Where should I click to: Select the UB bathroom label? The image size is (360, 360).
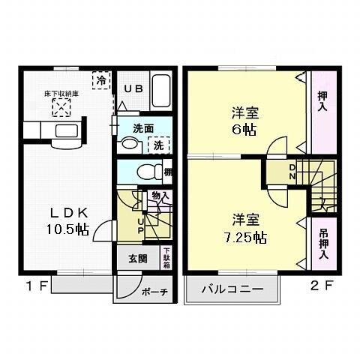133,88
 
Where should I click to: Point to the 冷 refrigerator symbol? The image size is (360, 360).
99,79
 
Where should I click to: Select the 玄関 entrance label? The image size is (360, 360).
137,259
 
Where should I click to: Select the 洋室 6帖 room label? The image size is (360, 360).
243,121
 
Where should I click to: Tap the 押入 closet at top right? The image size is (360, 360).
322,100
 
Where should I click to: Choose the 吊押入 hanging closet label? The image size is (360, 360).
322,243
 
